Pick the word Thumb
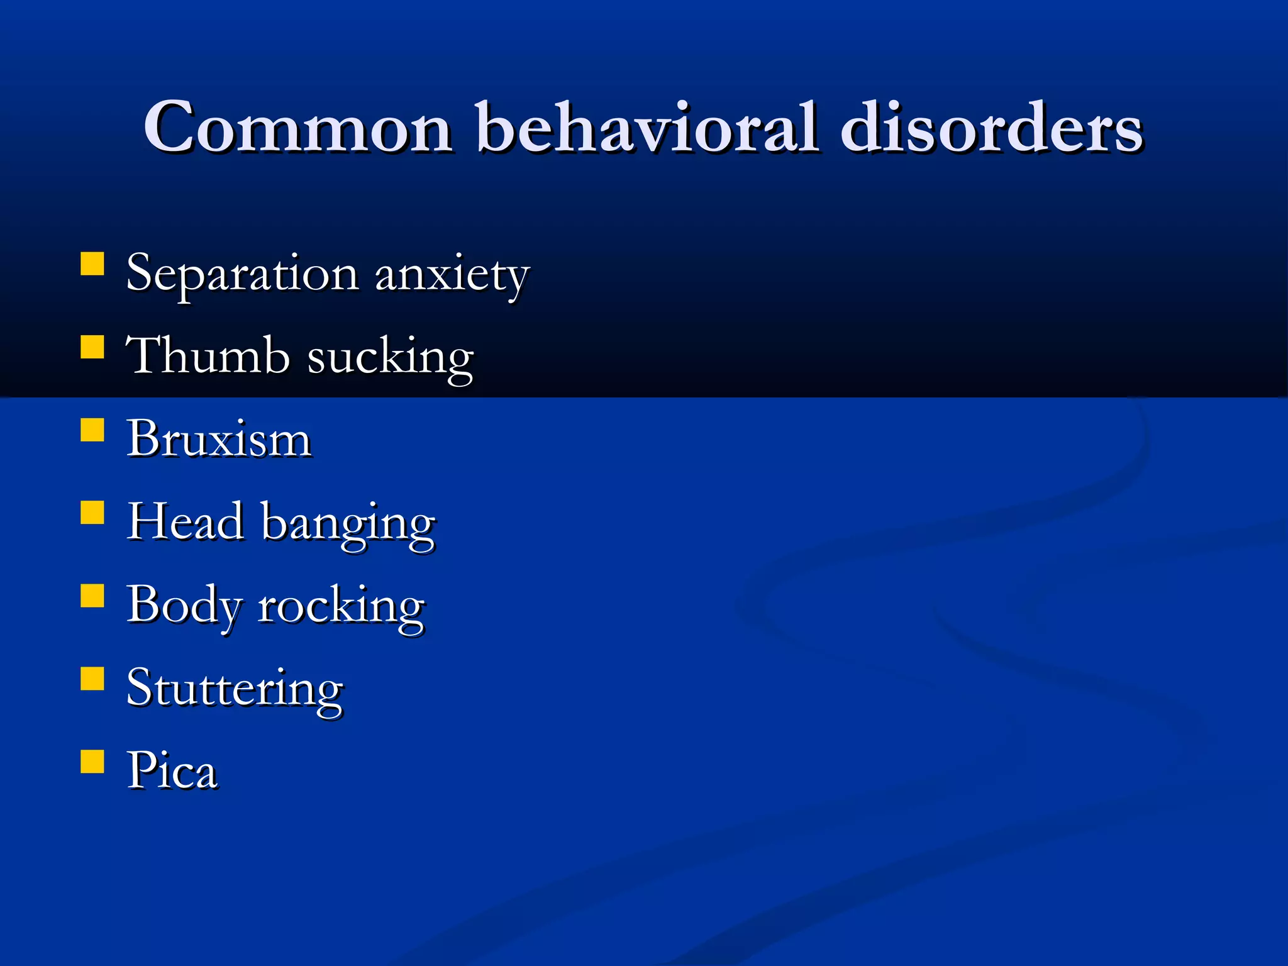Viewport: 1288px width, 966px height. (x=208, y=356)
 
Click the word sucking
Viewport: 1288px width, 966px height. (x=390, y=358)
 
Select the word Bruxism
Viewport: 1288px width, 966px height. (x=219, y=438)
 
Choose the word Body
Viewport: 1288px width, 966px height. (x=184, y=606)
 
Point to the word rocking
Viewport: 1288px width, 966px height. (x=341, y=607)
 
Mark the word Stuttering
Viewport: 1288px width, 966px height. (x=235, y=689)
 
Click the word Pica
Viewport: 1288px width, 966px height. (x=172, y=770)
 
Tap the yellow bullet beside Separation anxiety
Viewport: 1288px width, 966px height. (x=92, y=265)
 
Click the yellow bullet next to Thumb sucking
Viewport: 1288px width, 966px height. (x=92, y=347)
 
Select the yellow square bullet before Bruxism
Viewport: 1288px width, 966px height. (x=92, y=430)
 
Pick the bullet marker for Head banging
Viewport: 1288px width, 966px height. (x=92, y=513)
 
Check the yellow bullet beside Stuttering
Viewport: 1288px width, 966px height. (x=92, y=679)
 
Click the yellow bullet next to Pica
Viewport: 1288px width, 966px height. (x=92, y=761)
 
